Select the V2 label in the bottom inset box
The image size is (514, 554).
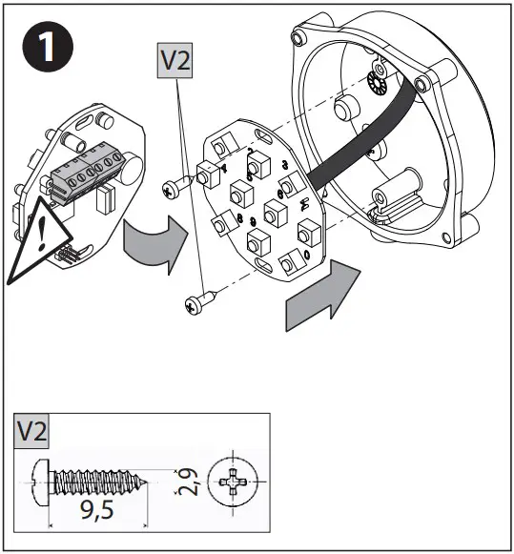(34, 431)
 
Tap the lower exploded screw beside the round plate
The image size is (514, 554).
(199, 303)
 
